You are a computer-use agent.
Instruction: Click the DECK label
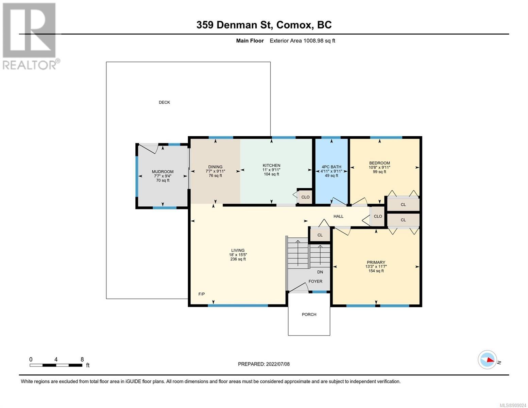[164, 102]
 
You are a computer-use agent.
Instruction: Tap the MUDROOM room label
[163, 172]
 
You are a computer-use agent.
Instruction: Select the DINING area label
[215, 167]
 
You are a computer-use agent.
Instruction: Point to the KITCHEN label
[271, 165]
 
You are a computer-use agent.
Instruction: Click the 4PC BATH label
[331, 167]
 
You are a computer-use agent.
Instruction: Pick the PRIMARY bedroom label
[376, 262]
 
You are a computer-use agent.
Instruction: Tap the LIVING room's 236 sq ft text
[238, 259]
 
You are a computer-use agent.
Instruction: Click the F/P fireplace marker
[201, 294]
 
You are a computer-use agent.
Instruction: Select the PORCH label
[309, 314]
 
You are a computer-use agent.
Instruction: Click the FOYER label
[316, 281]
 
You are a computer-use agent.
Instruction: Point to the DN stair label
[320, 272]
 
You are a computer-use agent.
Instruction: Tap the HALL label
[338, 216]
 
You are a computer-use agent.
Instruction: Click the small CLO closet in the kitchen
[305, 197]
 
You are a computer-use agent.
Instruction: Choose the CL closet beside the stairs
[320, 235]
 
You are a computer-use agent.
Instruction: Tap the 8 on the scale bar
[82, 359]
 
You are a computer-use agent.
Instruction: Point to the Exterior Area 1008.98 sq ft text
[302, 40]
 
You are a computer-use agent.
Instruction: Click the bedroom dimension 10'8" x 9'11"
[379, 167]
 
